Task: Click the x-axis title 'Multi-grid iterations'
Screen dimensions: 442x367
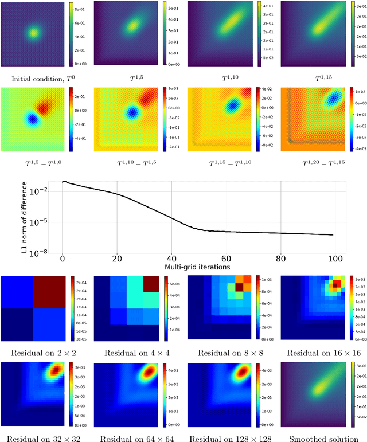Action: pos(197,267)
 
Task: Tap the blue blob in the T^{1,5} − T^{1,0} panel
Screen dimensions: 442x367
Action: pos(32,119)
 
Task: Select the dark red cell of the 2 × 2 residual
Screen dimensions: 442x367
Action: pos(50,292)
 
